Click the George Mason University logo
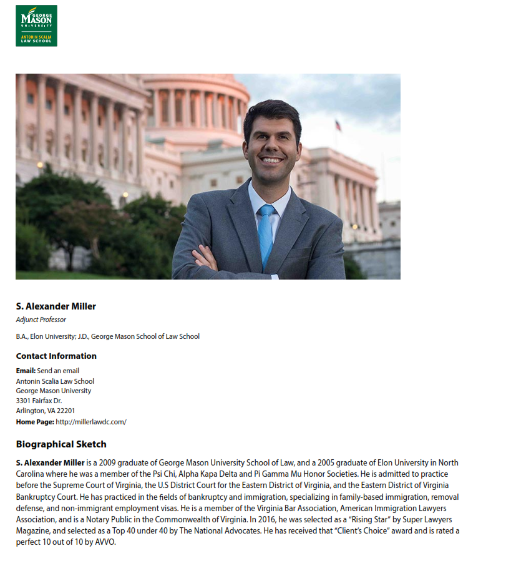(36, 26)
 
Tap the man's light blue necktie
(266, 234)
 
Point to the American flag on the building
(338, 125)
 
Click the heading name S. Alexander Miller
(56, 306)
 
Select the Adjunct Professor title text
(41, 320)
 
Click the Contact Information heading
(56, 356)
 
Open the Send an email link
(58, 371)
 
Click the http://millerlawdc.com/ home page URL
(91, 422)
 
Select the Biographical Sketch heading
(61, 444)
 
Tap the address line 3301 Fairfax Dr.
(39, 401)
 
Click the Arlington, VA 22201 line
(46, 411)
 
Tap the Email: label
(26, 371)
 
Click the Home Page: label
(34, 422)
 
